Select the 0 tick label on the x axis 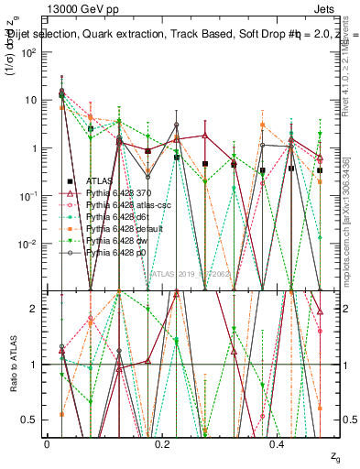[47, 443]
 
